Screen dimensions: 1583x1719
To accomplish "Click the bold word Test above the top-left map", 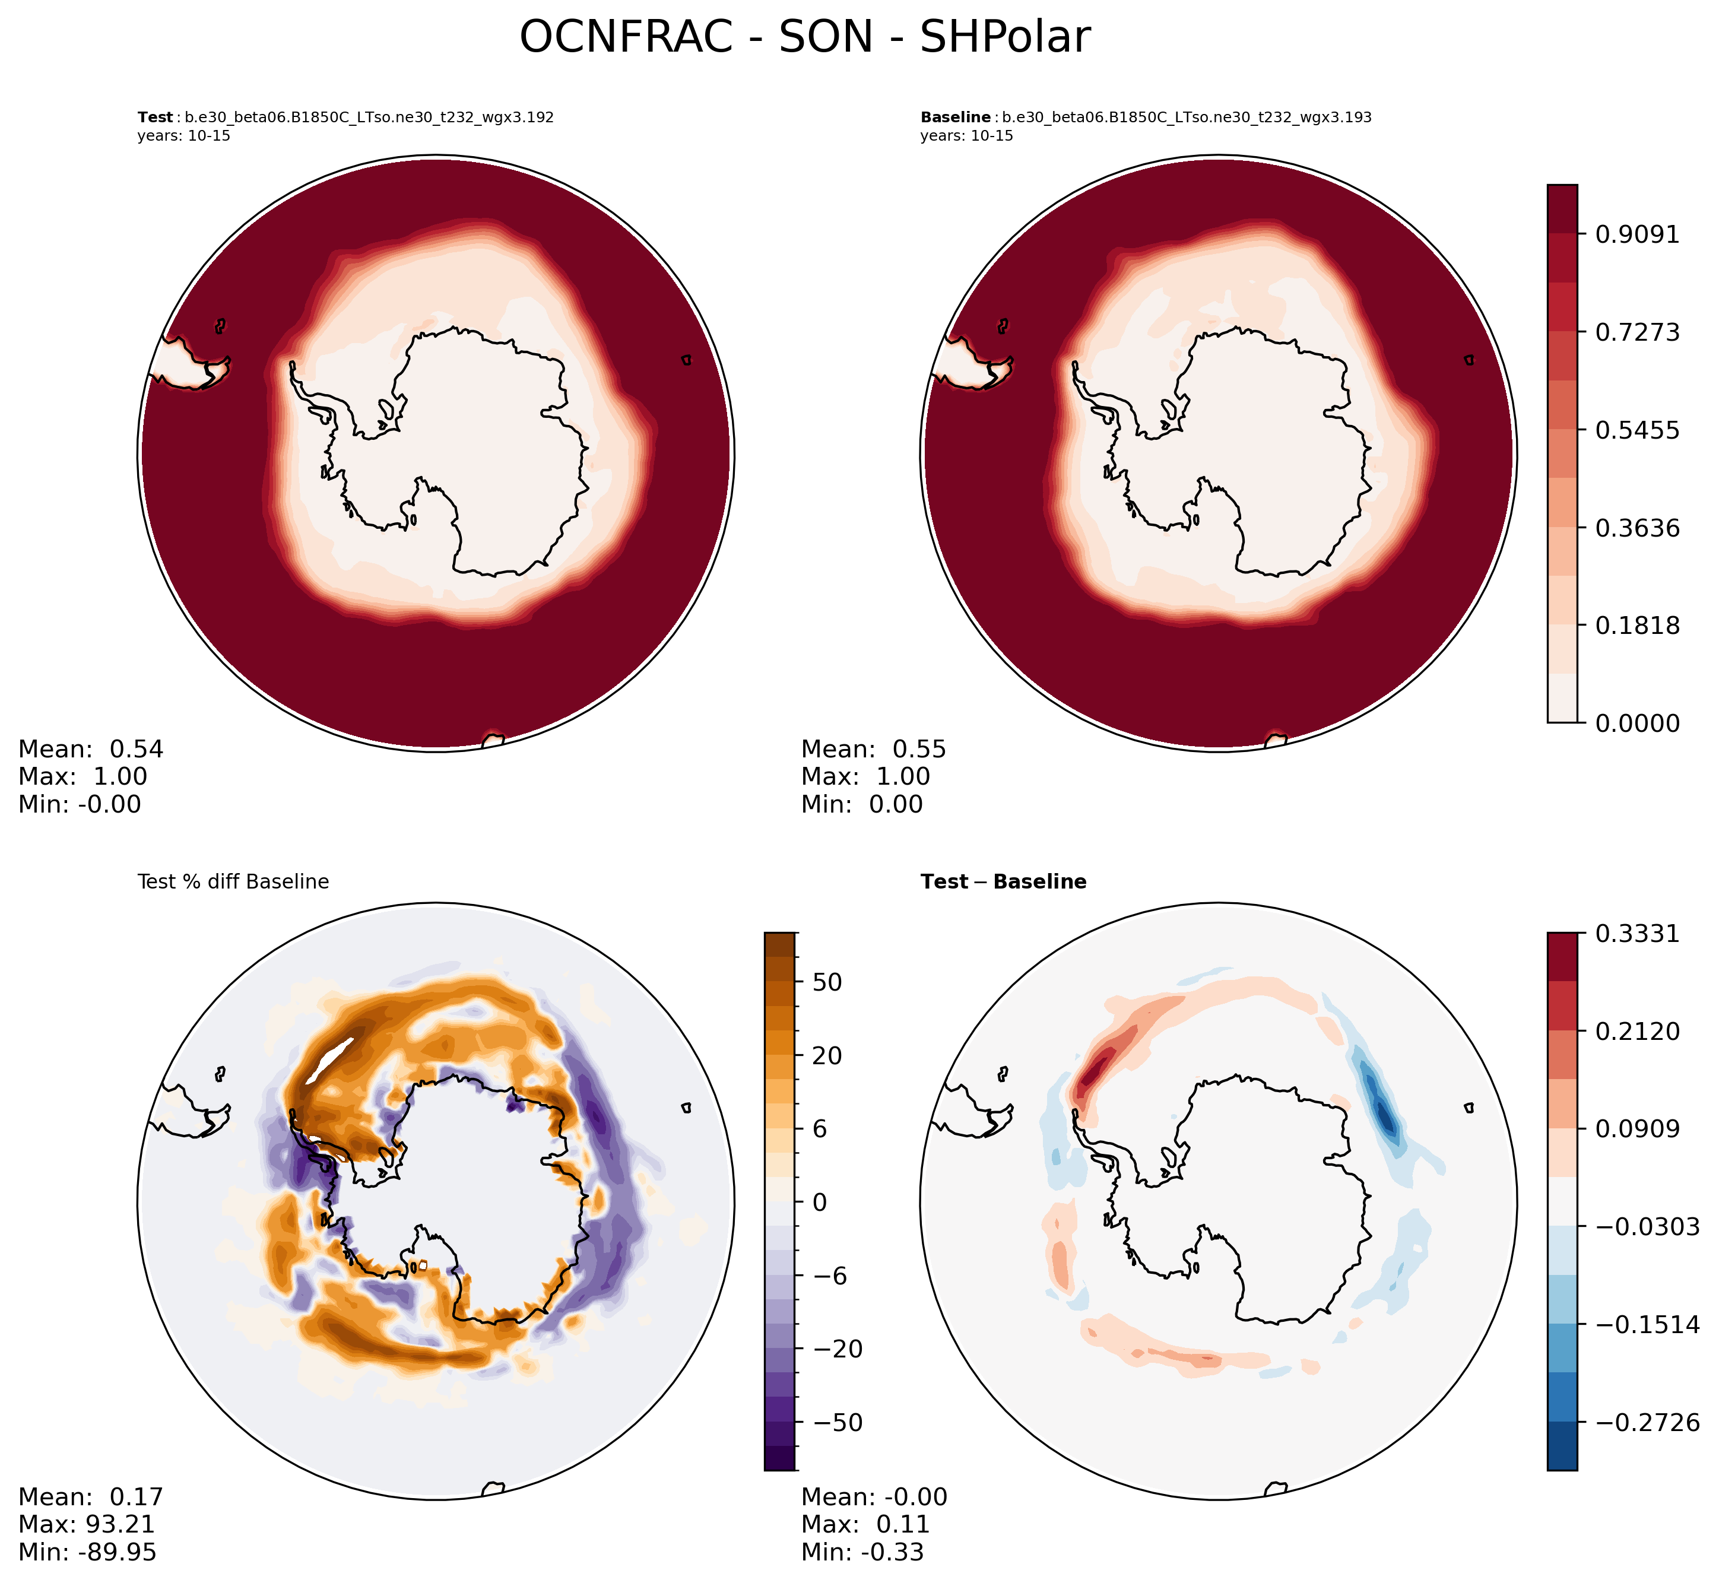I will tap(155, 118).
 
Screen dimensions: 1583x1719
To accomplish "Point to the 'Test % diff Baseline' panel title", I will tap(233, 882).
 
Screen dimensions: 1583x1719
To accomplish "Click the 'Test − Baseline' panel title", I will tap(1003, 882).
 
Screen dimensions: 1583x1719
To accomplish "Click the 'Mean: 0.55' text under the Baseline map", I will tap(874, 750).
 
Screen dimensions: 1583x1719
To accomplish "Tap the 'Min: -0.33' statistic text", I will tap(862, 1552).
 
